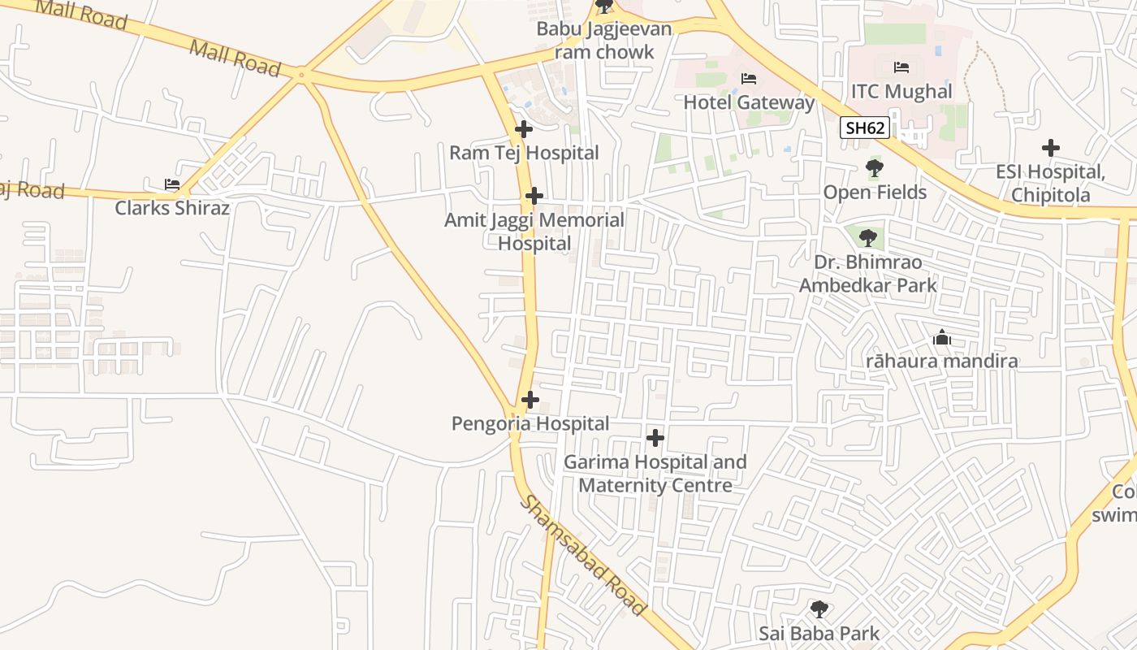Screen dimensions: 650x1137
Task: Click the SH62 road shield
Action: point(865,128)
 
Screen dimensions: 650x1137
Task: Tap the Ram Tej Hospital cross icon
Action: point(524,129)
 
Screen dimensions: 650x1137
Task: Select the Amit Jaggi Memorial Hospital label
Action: point(534,232)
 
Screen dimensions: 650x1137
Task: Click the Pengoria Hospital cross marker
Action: point(530,400)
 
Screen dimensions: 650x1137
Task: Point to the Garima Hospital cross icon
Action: point(655,438)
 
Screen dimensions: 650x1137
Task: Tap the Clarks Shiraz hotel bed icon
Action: point(172,184)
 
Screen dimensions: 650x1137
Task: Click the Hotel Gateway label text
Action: point(748,102)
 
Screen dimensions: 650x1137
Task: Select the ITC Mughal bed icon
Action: point(901,67)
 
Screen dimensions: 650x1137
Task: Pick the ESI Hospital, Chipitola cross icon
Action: point(1050,148)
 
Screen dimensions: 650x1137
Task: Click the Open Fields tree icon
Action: point(875,169)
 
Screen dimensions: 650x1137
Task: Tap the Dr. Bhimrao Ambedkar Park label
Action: point(867,274)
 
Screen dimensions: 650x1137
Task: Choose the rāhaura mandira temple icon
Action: point(942,337)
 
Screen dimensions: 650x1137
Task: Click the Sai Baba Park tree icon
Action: point(819,609)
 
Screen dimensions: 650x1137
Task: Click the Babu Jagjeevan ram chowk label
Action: point(604,41)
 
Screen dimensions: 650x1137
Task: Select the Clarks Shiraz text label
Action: point(172,208)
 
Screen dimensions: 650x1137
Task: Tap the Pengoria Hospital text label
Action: point(530,423)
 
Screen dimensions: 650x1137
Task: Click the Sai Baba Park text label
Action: point(819,633)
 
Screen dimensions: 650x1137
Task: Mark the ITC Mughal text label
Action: point(901,91)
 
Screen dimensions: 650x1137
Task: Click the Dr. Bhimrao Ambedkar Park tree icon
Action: point(867,238)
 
